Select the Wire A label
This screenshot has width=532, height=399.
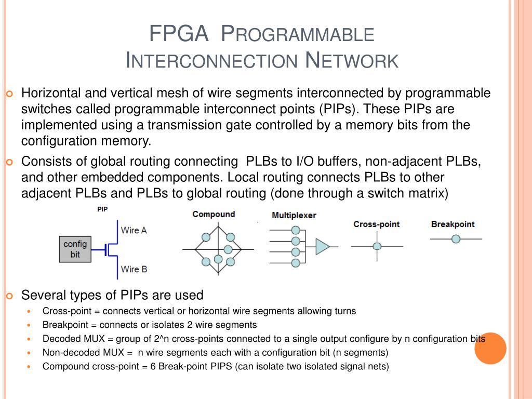[x=134, y=230]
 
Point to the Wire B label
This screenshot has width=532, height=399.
[x=134, y=269]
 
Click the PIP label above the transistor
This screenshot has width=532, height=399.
[x=102, y=209]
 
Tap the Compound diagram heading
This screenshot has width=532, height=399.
[x=214, y=214]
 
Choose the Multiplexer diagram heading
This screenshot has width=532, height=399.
[x=294, y=215]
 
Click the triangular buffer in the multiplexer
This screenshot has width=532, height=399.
[x=322, y=247]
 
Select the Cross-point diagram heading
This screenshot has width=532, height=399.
[x=376, y=224]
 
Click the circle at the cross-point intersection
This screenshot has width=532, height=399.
[x=377, y=246]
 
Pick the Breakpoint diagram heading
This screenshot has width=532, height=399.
[x=453, y=224]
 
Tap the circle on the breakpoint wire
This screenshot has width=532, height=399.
[x=456, y=239]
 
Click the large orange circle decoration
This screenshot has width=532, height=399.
[x=490, y=348]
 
